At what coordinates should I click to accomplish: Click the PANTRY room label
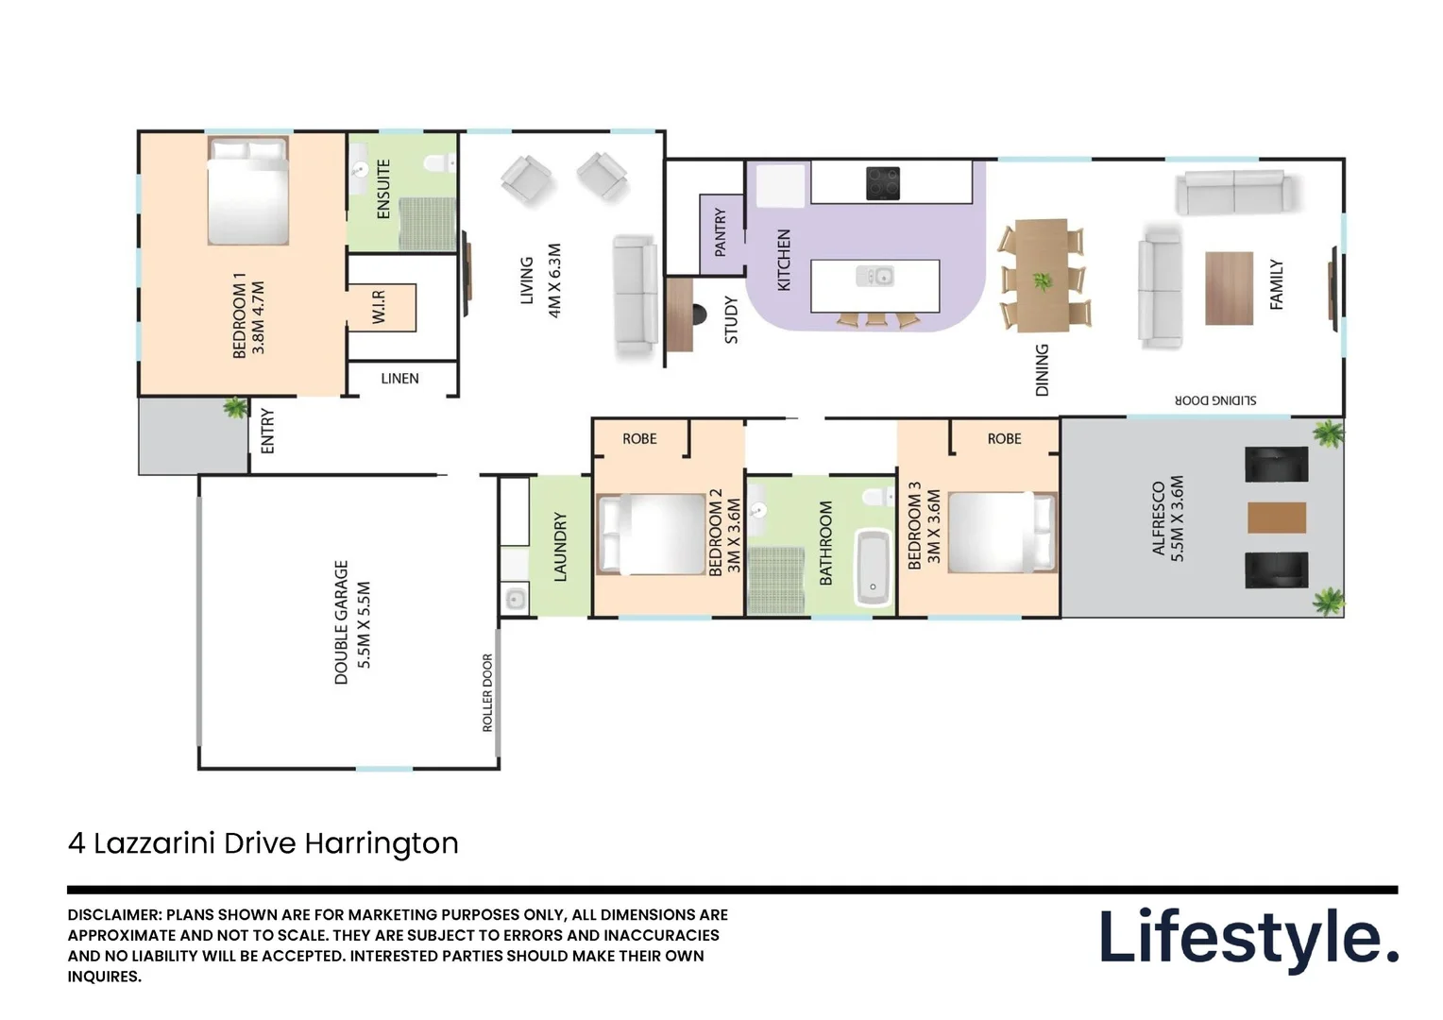tap(721, 232)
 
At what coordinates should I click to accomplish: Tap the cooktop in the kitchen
tap(882, 183)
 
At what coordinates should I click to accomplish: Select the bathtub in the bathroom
tap(873, 568)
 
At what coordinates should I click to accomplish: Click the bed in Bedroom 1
tap(247, 191)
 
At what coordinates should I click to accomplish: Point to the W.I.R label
tap(379, 307)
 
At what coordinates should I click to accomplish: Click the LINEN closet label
tap(399, 379)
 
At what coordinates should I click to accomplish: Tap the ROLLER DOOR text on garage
tap(487, 692)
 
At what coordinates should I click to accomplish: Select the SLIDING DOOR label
tap(1214, 400)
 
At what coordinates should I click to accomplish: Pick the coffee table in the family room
tap(1229, 288)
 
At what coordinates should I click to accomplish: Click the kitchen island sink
tap(875, 276)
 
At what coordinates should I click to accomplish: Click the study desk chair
tap(699, 314)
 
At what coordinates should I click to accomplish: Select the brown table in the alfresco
tap(1277, 518)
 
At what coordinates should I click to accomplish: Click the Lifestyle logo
tap(1248, 938)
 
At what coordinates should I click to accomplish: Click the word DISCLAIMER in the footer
tap(114, 914)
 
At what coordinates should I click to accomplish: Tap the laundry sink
tap(515, 599)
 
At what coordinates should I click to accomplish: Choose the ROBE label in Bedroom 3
tap(1004, 439)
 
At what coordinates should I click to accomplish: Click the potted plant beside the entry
tap(234, 408)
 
